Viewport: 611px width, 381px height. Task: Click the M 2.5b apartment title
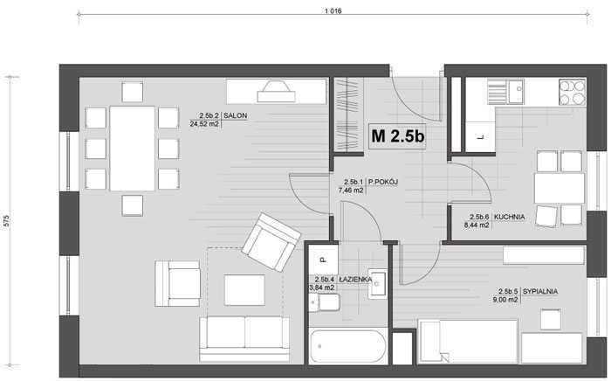tap(398, 136)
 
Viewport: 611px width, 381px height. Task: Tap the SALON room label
tap(236, 116)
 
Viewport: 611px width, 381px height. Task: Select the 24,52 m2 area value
tap(204, 124)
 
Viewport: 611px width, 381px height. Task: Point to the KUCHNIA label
tap(509, 217)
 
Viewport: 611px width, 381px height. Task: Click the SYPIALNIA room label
tap(540, 291)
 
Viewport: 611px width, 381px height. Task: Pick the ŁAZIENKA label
tap(355, 280)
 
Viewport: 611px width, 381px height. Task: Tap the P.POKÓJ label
tap(383, 182)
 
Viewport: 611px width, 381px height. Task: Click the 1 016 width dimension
tap(333, 11)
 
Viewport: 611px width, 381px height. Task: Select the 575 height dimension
tap(6, 221)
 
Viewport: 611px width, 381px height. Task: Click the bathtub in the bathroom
tap(348, 347)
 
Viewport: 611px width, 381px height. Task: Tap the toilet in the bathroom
tap(325, 302)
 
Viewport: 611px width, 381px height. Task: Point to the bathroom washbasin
tap(377, 284)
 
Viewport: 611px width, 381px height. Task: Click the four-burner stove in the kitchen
tap(573, 93)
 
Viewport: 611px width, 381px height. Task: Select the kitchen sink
tap(505, 92)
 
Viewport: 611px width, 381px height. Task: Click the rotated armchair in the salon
tap(271, 242)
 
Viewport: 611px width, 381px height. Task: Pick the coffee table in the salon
tap(244, 290)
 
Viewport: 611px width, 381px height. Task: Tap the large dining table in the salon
tap(133, 149)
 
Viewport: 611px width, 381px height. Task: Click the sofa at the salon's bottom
tap(244, 339)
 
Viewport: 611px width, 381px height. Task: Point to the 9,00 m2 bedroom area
tap(505, 300)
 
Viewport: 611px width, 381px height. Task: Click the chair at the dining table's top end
tap(133, 93)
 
